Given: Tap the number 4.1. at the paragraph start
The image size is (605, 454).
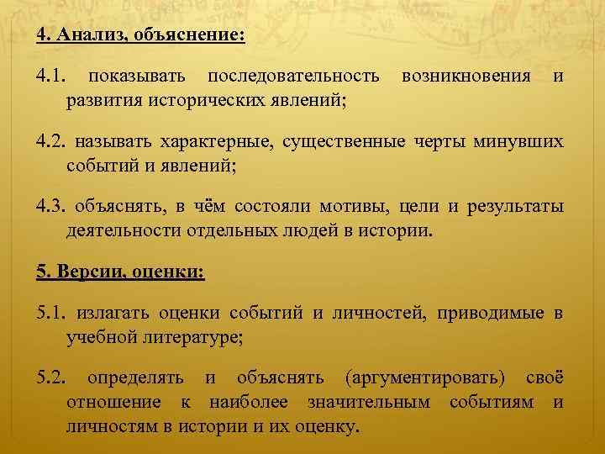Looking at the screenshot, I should pyautogui.click(x=50, y=77).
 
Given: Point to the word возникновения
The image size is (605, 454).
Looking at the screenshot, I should pyautogui.click(x=467, y=77).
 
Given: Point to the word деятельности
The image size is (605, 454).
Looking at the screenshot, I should pyautogui.click(x=124, y=229).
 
